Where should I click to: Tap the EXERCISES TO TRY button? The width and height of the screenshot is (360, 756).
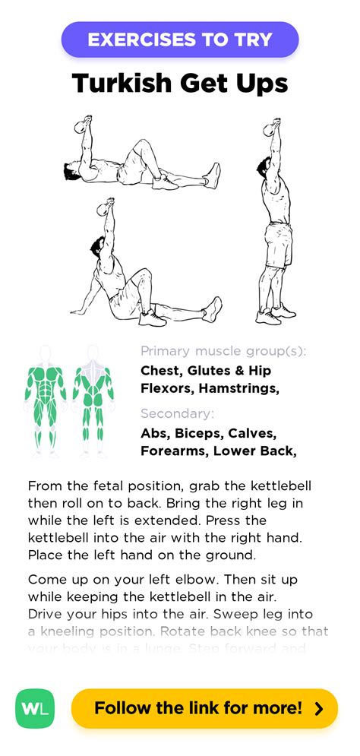(179, 40)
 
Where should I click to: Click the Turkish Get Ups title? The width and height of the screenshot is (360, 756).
(180, 83)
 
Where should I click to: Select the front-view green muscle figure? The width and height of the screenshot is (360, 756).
(46, 399)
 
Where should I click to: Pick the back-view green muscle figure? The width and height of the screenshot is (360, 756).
(93, 399)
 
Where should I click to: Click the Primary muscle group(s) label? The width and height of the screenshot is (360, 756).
(223, 351)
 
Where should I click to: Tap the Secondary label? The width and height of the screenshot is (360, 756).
(177, 413)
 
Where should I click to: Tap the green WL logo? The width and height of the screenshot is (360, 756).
(36, 708)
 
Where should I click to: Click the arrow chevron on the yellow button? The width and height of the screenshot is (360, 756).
(319, 708)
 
